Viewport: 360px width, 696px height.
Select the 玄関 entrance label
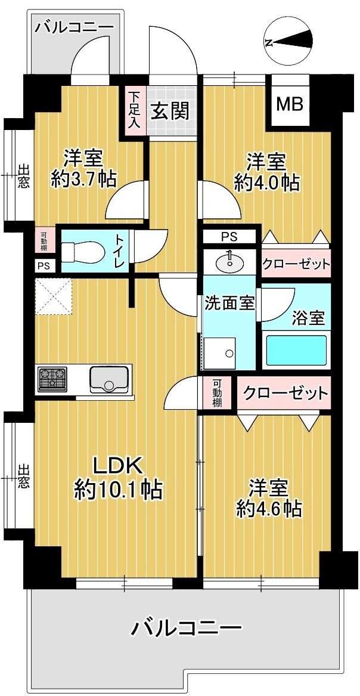coord(171,112)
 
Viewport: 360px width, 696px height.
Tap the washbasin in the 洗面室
coord(229,262)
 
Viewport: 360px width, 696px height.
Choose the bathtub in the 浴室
coord(296,350)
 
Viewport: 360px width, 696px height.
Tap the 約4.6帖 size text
coord(269,509)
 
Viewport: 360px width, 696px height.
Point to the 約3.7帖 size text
coord(83,179)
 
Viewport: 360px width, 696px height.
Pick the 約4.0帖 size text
coord(267,181)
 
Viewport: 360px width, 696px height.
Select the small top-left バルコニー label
coord(74,27)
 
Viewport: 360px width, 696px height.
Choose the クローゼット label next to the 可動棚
coord(285,393)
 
